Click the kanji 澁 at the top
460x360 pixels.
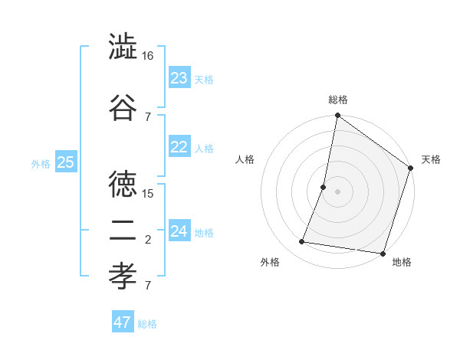[x=123, y=47]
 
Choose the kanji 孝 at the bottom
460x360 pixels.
[x=123, y=273]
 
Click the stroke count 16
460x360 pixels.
[x=148, y=56]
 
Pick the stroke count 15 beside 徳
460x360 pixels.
[x=148, y=193]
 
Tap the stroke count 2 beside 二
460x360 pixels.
[x=148, y=240]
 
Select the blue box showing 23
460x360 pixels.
[x=179, y=78]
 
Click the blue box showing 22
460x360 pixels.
[x=179, y=148]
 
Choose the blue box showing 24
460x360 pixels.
[x=179, y=231]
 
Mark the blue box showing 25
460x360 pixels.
[x=65, y=162]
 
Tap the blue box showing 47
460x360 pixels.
[x=123, y=322]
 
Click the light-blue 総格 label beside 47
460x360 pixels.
[x=148, y=324]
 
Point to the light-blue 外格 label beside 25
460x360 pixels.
[x=41, y=163]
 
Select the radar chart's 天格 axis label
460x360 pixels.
[x=431, y=159]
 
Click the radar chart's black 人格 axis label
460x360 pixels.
[x=245, y=159]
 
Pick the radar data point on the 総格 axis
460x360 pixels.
[x=337, y=116]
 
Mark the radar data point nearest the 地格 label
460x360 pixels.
[x=382, y=254]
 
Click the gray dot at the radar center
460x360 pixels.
[x=337, y=191]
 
